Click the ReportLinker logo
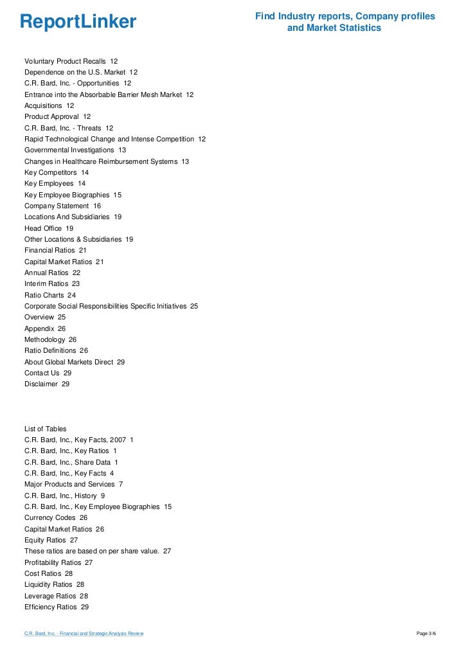78,22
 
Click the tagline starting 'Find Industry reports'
345,22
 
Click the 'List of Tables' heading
45,429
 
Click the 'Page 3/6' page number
426,634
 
